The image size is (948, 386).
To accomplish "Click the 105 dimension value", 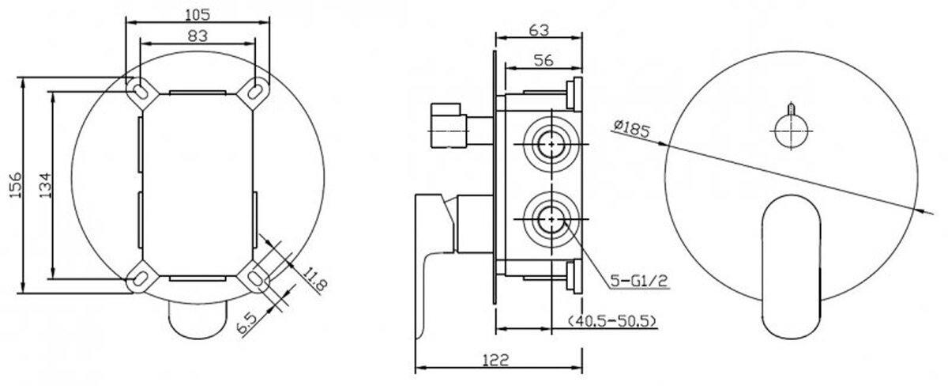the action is coord(197,14).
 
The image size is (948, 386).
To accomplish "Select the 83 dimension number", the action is coord(197,36).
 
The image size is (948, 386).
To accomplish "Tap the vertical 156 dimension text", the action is coord(15,185).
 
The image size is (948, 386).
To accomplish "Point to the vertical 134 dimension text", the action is coord(45,185).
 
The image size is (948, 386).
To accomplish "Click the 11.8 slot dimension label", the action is coord(315,279).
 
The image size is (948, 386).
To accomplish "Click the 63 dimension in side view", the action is coord(539,31).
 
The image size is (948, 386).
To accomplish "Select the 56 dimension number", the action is coord(544,61).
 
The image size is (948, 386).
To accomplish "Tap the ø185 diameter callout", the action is coord(631,129).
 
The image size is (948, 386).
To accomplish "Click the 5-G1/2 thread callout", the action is coord(639,280).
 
